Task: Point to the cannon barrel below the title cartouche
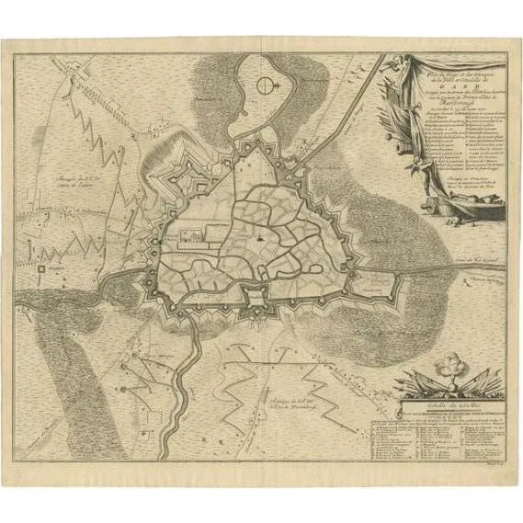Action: coord(441,220)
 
